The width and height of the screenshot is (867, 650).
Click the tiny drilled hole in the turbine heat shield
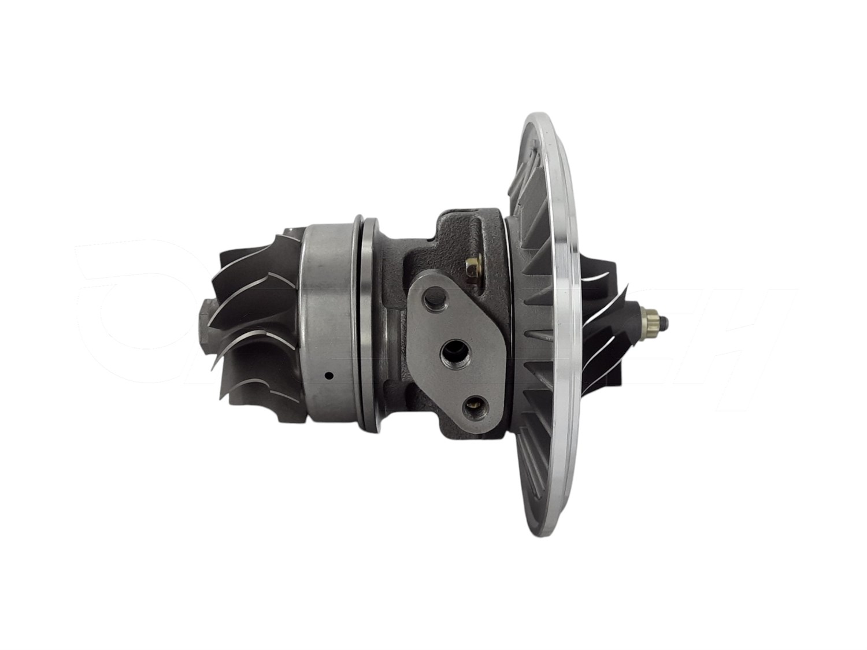click(328, 376)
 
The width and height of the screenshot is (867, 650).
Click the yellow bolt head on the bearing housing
click(475, 266)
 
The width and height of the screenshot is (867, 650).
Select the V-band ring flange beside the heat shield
click(369, 324)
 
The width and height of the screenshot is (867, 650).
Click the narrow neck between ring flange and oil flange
click(393, 324)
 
